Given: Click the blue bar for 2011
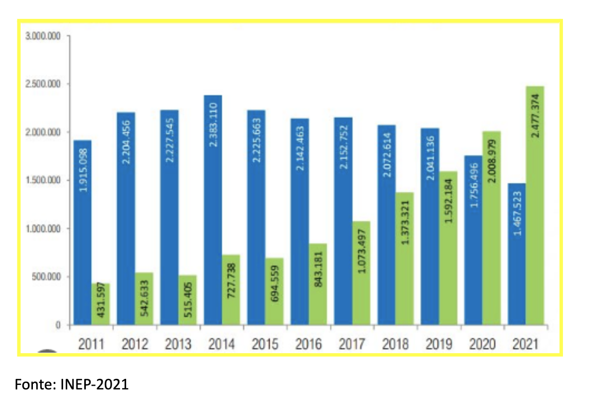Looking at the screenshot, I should (82, 232).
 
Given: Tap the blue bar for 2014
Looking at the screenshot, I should (213, 210).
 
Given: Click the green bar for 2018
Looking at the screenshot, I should (404, 259).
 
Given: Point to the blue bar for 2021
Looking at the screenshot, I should (517, 253).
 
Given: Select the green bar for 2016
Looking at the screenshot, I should (317, 284).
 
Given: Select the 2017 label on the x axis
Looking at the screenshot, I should (352, 344).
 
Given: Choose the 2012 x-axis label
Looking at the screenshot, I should (134, 344).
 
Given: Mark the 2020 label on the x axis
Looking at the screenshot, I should (482, 344).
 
